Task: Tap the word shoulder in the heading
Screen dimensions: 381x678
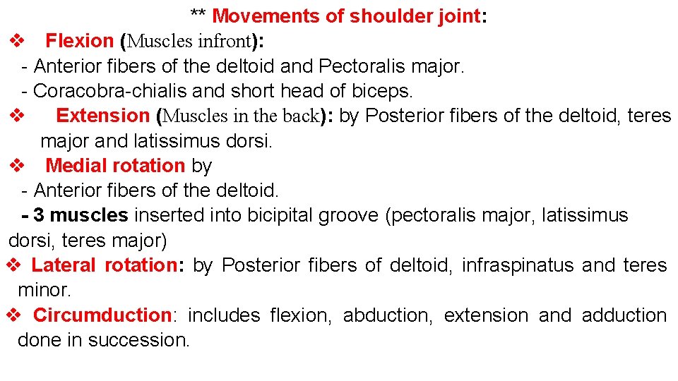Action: pyautogui.click(x=379, y=16)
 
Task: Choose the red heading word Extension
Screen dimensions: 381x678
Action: pyautogui.click(x=102, y=116)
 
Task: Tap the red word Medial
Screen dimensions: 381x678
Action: pyautogui.click(x=78, y=166)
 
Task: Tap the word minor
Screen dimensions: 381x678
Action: pyautogui.click(x=43, y=290)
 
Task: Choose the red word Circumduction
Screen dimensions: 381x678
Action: pyautogui.click(x=102, y=315)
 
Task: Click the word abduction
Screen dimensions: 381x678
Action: pyautogui.click(x=387, y=315)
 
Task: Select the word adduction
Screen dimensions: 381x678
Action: pyautogui.click(x=624, y=315)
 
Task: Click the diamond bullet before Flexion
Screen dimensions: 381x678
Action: pyautogui.click(x=18, y=41)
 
